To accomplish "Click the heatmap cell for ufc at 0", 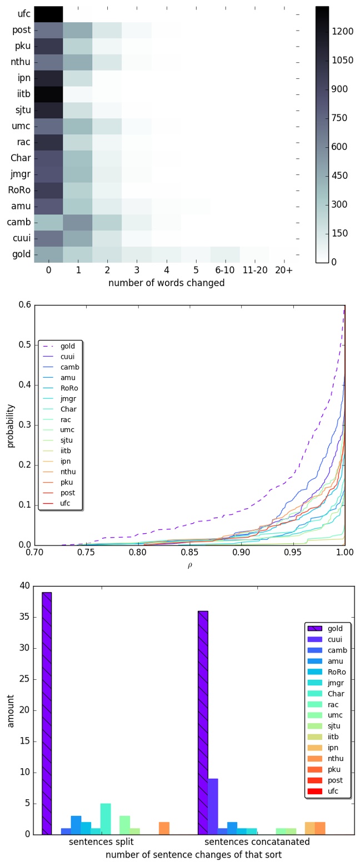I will [x=48, y=14].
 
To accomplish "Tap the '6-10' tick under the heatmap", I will [x=225, y=270].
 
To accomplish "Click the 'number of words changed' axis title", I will [x=166, y=283].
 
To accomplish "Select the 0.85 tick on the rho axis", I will [x=189, y=554].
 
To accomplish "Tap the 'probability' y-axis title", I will [x=11, y=425].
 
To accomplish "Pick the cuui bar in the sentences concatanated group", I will [x=213, y=806].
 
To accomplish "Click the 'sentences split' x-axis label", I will [x=98, y=842].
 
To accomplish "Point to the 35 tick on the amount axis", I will [x=24, y=617].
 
